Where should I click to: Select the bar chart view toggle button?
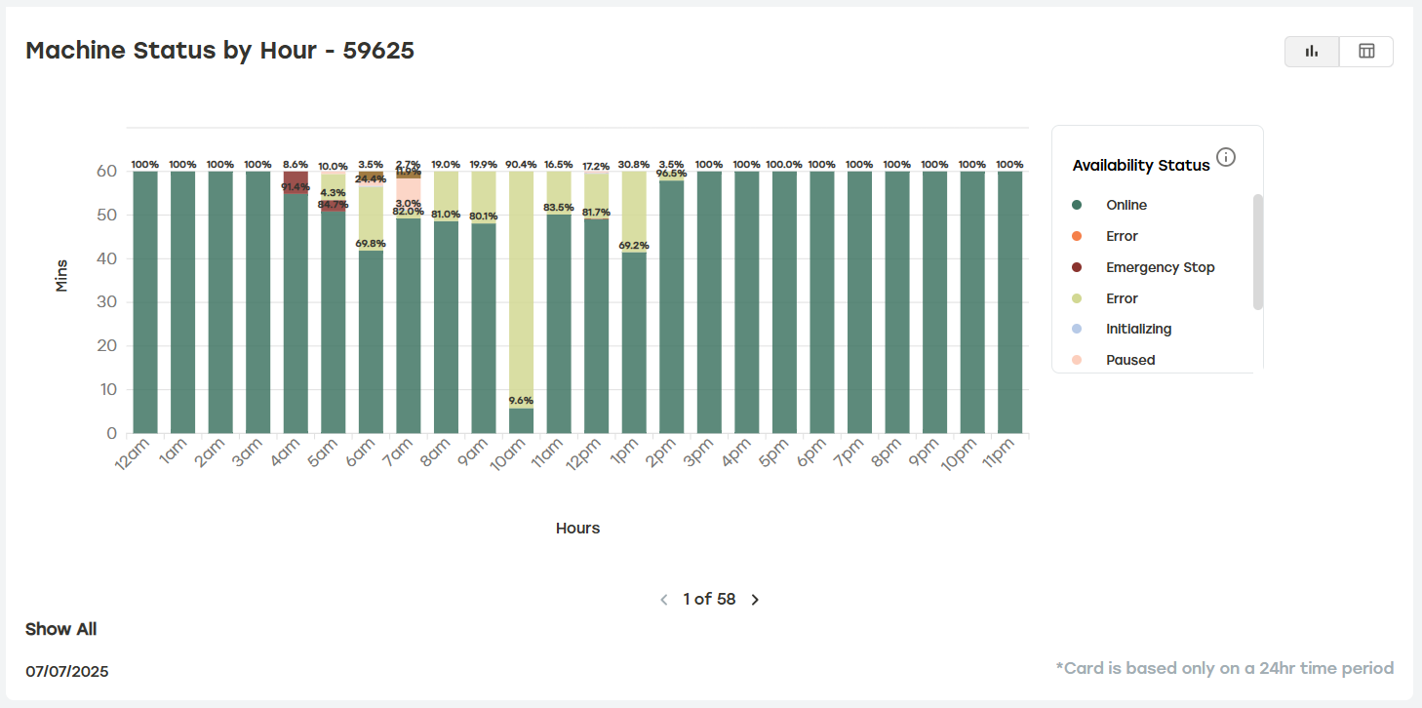[x=1312, y=52]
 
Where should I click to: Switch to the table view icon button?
[x=1366, y=52]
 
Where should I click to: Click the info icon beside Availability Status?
[x=1226, y=157]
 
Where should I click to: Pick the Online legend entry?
[x=1126, y=205]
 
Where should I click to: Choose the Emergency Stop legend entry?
[x=1160, y=267]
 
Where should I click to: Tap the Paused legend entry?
[x=1129, y=360]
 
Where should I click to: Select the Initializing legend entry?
[x=1138, y=329]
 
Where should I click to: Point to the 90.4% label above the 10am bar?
[x=521, y=165]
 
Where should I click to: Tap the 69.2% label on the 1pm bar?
[x=634, y=246]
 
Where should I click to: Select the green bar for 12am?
[x=145, y=302]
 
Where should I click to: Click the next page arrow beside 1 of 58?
[x=755, y=600]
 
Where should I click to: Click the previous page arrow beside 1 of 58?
[x=664, y=600]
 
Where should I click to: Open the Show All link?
[x=60, y=629]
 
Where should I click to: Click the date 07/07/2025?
[x=66, y=671]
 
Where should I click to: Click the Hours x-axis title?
[x=577, y=528]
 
